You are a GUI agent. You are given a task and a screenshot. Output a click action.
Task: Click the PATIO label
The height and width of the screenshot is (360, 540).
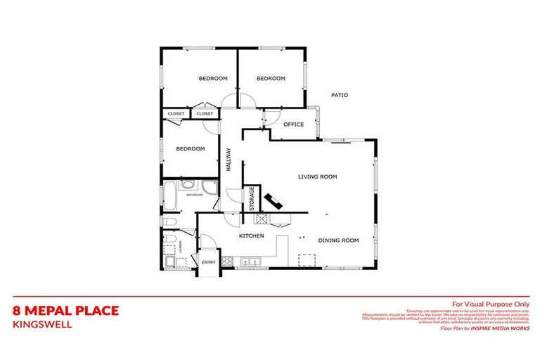(340, 95)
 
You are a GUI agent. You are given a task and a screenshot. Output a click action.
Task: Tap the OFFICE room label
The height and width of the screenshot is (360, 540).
(293, 124)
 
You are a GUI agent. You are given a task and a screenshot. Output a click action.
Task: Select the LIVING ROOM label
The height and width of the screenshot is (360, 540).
(317, 176)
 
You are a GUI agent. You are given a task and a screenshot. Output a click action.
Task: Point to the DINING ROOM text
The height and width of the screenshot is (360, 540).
(338, 240)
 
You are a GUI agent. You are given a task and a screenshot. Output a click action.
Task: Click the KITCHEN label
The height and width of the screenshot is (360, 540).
(251, 236)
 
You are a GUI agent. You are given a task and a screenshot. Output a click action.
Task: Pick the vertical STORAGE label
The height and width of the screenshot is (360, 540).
(251, 199)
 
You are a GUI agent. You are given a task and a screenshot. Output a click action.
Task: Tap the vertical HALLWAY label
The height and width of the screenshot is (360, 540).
(229, 159)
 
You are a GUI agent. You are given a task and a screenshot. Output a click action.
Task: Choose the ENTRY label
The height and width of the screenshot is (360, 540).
(209, 262)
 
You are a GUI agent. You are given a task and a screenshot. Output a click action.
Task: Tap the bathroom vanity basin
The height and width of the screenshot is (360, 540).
(188, 186)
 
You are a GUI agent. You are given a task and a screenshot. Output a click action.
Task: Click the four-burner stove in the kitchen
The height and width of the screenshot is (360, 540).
(228, 262)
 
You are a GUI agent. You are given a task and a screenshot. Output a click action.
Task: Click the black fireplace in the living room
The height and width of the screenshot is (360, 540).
(274, 201)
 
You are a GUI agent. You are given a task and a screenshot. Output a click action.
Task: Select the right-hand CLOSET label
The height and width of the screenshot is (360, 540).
(205, 113)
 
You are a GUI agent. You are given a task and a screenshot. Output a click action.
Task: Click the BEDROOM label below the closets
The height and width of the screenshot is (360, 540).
(190, 148)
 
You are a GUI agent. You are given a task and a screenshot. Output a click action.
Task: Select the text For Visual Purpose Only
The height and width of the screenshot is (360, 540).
(490, 303)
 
